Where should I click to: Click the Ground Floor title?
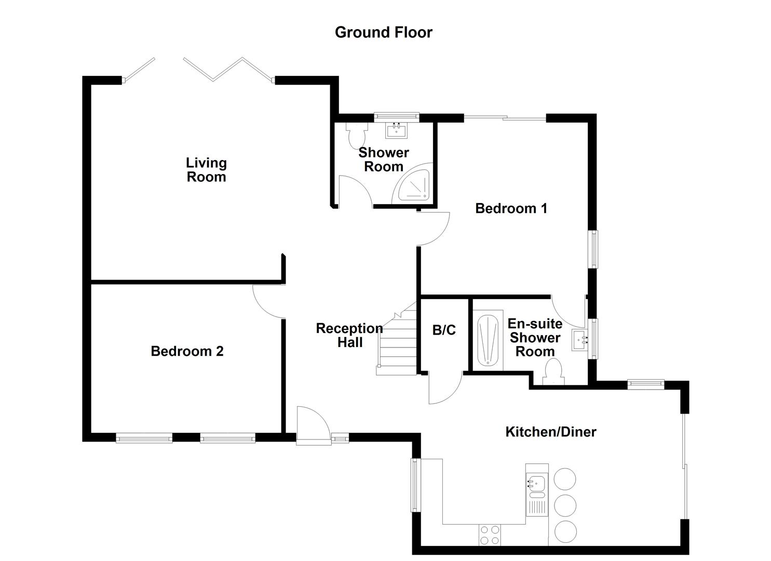(x=383, y=32)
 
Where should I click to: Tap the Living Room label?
(x=206, y=170)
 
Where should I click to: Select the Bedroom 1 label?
(x=511, y=208)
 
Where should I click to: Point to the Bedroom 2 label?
(x=187, y=351)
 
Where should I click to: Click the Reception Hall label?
(x=349, y=335)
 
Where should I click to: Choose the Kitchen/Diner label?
(x=550, y=432)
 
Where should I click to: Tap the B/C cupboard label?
(x=444, y=330)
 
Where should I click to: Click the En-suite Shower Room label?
(x=535, y=338)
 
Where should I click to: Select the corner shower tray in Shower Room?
(x=414, y=184)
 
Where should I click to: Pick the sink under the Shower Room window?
(x=397, y=129)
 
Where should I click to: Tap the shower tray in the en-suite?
(x=489, y=340)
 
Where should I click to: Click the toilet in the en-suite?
(x=553, y=374)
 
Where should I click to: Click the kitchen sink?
(x=536, y=485)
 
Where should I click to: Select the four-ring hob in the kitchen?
(x=490, y=536)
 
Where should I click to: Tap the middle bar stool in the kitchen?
(x=565, y=504)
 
